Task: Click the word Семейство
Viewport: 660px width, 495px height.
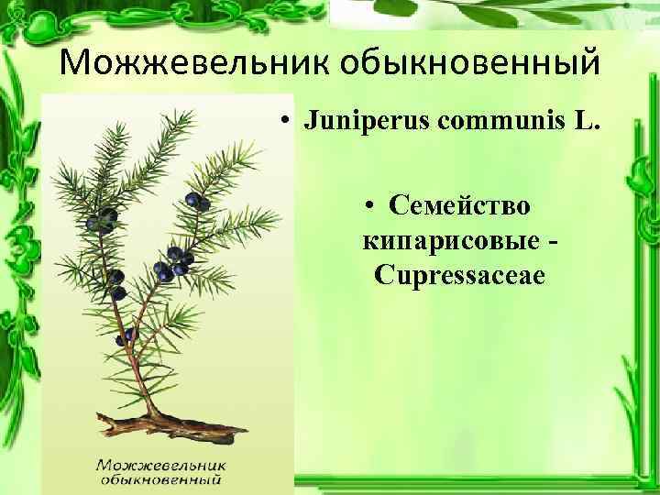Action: (x=458, y=205)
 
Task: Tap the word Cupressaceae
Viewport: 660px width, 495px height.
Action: (x=459, y=275)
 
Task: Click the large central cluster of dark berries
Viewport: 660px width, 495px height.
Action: (x=170, y=266)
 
